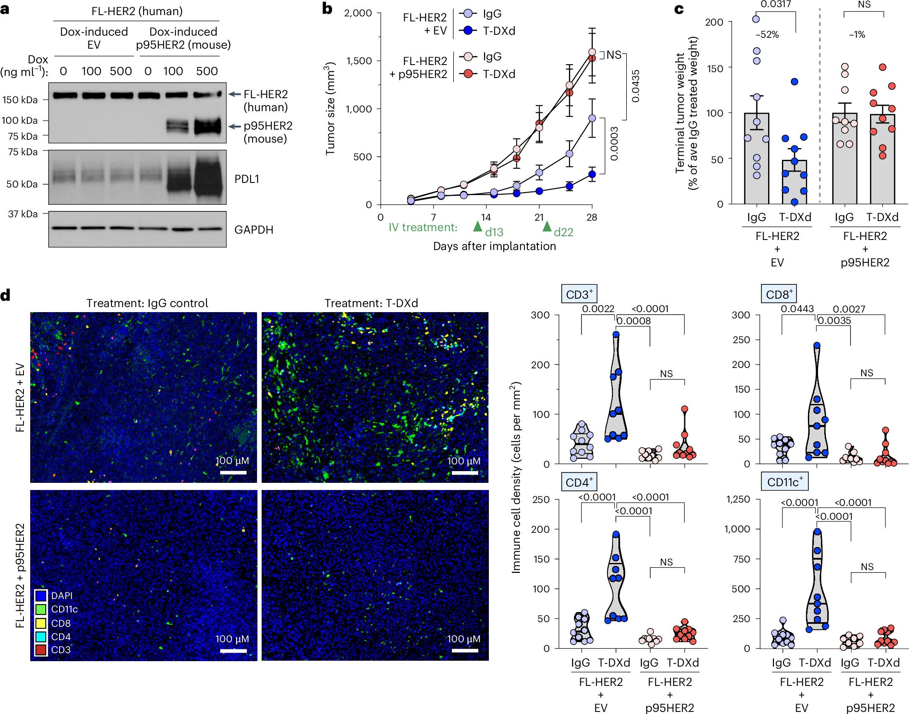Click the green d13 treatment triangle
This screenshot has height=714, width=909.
477,227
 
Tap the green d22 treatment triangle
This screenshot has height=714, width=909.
547,227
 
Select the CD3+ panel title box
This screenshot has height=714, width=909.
579,294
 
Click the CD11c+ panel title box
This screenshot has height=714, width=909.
784,482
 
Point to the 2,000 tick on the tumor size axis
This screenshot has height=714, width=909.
358,13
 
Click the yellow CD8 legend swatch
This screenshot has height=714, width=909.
41,623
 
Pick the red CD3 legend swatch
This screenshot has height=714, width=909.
41,649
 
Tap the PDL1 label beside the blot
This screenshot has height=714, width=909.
247,179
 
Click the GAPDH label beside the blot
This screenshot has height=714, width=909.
254,230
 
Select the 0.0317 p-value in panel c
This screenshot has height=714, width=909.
776,5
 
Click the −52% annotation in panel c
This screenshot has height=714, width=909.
767,35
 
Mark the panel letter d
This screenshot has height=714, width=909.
5,295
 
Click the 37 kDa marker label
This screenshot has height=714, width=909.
23,214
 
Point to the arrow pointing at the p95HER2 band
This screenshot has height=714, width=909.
234,126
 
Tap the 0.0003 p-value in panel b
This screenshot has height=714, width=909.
614,144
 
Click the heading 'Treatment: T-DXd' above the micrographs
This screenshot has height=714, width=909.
371,303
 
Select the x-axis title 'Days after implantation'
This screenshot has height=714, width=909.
494,246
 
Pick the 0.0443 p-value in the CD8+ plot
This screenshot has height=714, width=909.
797,309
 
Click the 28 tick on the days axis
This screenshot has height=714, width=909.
592,217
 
